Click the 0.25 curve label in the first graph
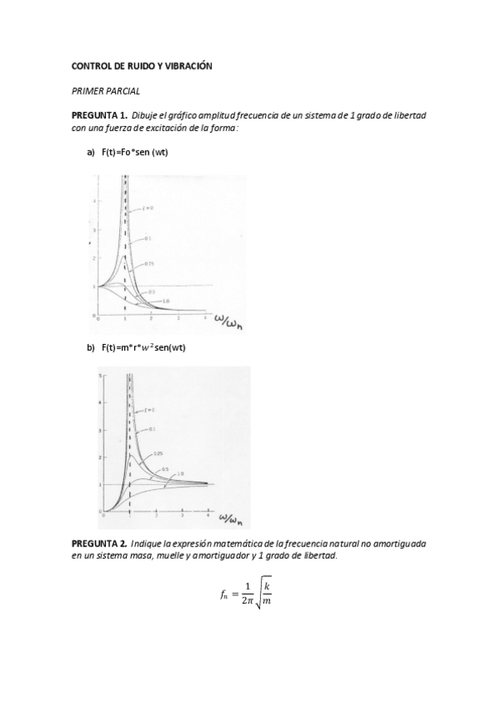pyautogui.click(x=150, y=264)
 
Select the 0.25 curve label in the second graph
pyautogui.click(x=157, y=453)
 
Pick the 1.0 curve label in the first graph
pyautogui.click(x=166, y=300)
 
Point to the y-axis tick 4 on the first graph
pyautogui.click(x=96, y=201)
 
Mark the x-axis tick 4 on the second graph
pyautogui.click(x=207, y=515)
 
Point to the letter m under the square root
pyautogui.click(x=267, y=603)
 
